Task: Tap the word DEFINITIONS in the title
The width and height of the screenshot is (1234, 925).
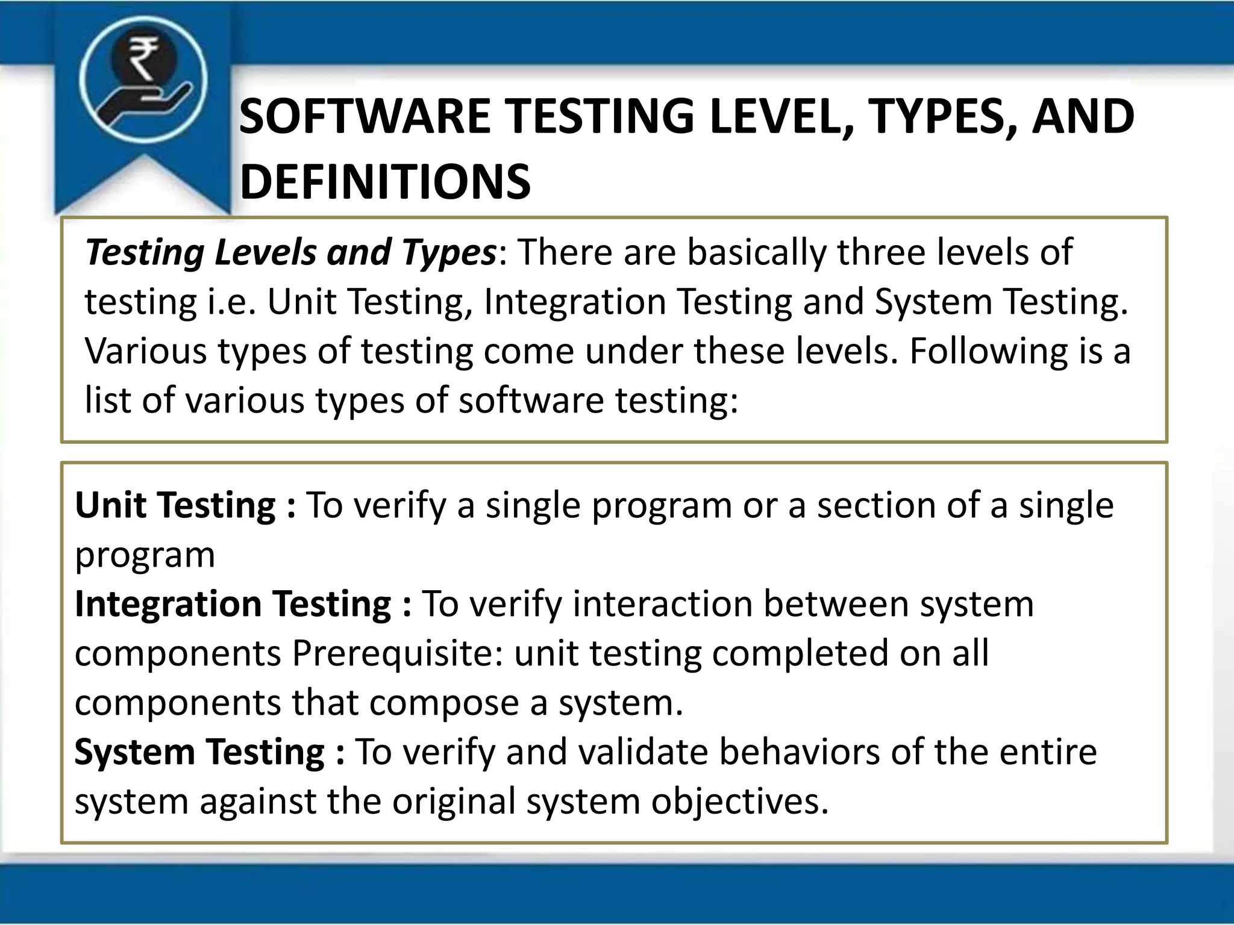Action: (x=385, y=182)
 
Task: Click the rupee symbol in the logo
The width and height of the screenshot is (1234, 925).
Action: (x=143, y=58)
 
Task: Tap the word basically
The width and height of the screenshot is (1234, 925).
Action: (x=756, y=252)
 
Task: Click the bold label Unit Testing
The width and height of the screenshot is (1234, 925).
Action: (x=175, y=505)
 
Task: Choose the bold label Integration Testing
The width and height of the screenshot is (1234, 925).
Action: (x=233, y=604)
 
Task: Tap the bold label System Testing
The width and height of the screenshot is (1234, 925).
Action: (x=199, y=752)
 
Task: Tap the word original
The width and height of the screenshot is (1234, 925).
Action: (x=454, y=802)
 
